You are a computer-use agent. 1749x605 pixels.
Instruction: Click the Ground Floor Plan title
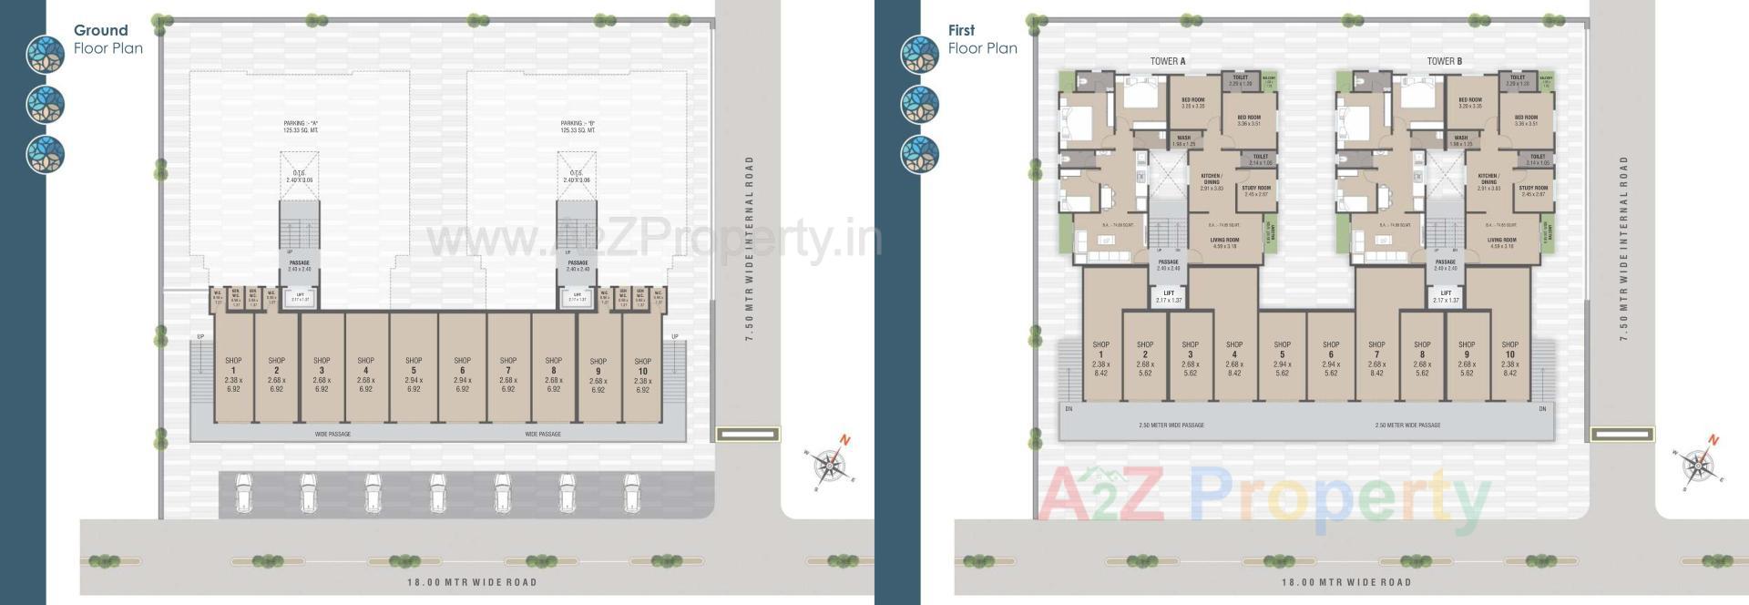(107, 39)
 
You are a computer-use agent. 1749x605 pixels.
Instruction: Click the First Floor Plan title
(982, 39)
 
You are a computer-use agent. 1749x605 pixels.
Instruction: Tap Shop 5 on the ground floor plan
(414, 374)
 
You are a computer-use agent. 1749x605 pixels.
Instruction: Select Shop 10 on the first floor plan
(1509, 358)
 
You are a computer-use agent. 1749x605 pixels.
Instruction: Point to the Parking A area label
(300, 127)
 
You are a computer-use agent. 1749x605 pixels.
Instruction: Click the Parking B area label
(578, 127)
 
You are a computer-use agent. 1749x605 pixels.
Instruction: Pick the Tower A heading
(1168, 61)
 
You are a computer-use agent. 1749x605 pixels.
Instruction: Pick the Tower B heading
(1445, 61)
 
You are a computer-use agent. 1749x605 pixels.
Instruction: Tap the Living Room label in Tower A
(1224, 242)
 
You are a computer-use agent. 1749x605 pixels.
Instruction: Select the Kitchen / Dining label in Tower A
(1211, 181)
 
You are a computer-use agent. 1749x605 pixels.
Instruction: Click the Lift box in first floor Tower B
(1446, 296)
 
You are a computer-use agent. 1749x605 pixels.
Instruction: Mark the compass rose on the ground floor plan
(830, 464)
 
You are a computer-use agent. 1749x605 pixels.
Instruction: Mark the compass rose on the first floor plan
(1698, 464)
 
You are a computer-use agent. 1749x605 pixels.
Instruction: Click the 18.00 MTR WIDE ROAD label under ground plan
(471, 582)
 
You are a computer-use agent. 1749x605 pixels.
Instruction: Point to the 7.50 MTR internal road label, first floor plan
(1623, 248)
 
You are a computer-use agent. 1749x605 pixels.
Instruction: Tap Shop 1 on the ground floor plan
(233, 374)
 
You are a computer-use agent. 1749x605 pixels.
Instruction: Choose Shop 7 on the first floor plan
(1376, 358)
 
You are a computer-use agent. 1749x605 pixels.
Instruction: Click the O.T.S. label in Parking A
(299, 176)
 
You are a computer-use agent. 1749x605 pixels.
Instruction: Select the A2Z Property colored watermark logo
(1262, 500)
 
